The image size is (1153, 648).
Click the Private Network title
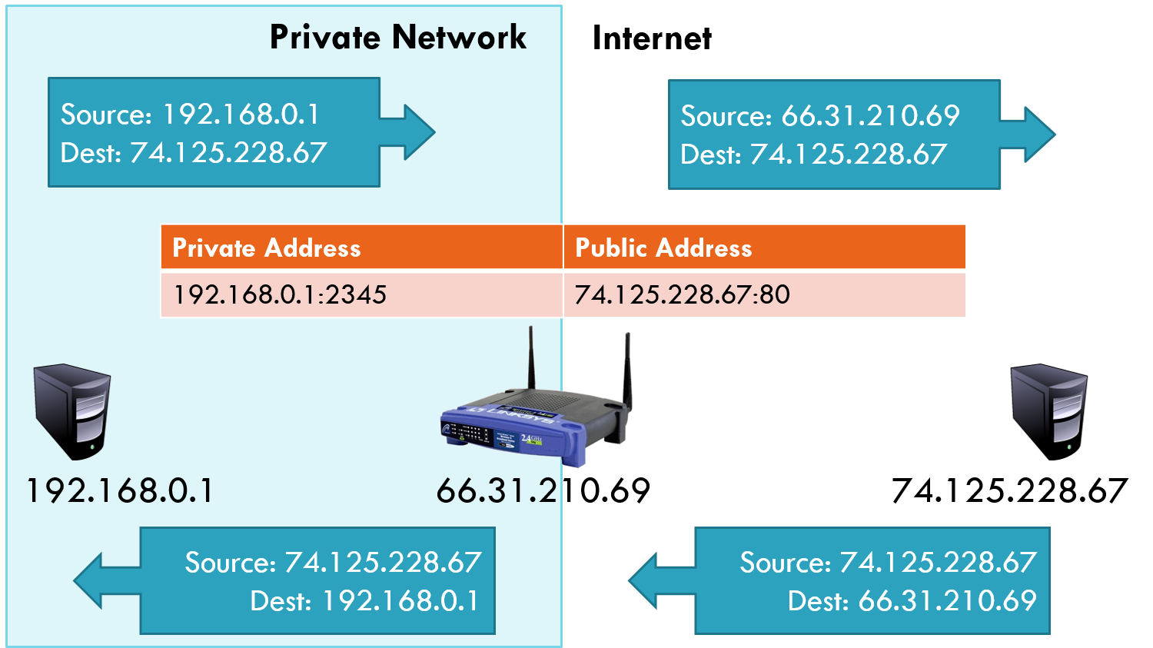pos(397,37)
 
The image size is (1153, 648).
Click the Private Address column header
pos(267,248)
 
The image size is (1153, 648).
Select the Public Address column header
pos(663,248)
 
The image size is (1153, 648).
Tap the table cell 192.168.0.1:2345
pos(280,294)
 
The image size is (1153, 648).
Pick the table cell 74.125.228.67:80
pos(682,294)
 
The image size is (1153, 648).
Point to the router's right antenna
pos(627,369)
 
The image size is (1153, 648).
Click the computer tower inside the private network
pos(72,411)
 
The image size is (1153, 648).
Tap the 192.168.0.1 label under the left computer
pos(120,490)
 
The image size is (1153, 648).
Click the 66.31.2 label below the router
pos(497,490)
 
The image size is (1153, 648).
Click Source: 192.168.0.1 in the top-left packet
pos(190,115)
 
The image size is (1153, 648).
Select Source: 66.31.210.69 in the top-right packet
pos(820,116)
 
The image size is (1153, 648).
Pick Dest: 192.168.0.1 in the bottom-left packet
pos(364,600)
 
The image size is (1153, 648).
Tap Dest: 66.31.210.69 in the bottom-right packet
pos(912,600)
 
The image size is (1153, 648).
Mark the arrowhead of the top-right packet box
pos(1038,135)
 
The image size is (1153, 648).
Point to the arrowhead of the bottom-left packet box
pos(92,581)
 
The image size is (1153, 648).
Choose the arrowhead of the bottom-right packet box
pos(646,581)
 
